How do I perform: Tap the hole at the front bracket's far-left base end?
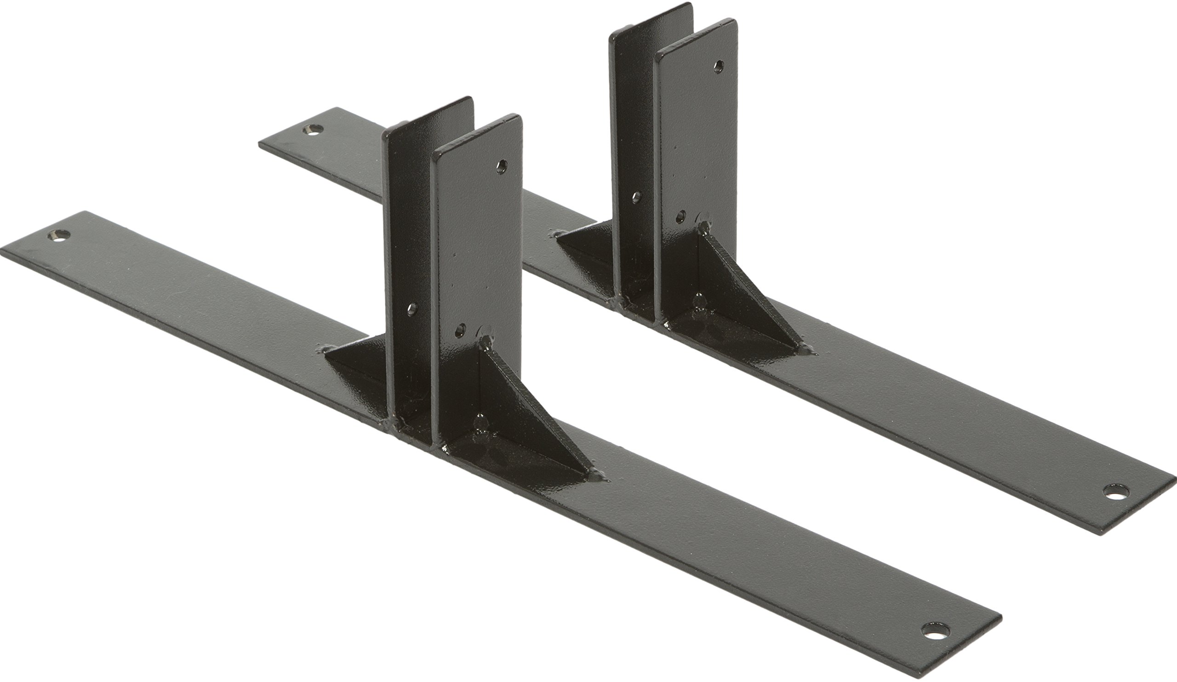pos(59,235)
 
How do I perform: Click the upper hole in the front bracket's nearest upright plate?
pos(502,166)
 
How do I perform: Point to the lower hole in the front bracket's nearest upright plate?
pos(461,330)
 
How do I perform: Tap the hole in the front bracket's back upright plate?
pos(411,309)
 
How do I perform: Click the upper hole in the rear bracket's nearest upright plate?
pos(719,66)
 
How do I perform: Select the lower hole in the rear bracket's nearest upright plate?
pos(680,217)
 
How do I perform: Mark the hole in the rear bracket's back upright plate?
pos(636,197)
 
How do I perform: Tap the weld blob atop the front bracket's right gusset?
pos(486,344)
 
